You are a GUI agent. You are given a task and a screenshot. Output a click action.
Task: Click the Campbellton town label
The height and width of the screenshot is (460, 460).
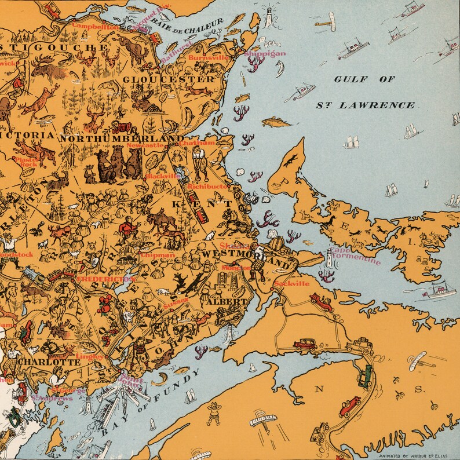coord(94,26)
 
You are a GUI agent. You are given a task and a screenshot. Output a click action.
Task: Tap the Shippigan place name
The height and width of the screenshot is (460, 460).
coord(265,53)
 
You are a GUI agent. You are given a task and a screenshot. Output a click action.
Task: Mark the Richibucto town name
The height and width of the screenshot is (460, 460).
coord(208,187)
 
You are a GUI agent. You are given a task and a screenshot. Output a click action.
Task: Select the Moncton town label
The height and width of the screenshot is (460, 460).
coord(236,268)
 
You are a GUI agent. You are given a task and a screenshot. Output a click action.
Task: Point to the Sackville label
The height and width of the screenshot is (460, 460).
coord(293,283)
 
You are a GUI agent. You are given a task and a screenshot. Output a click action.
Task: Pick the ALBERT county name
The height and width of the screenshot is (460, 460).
coord(225,302)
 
